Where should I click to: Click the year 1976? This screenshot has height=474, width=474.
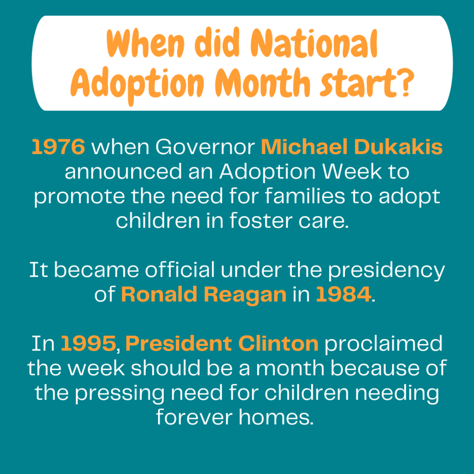tap(58, 147)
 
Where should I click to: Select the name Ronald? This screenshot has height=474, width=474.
tap(160, 295)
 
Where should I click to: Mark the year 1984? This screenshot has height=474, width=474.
tap(343, 295)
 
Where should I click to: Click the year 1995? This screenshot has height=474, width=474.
tap(88, 344)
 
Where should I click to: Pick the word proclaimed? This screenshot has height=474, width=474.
tap(383, 344)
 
